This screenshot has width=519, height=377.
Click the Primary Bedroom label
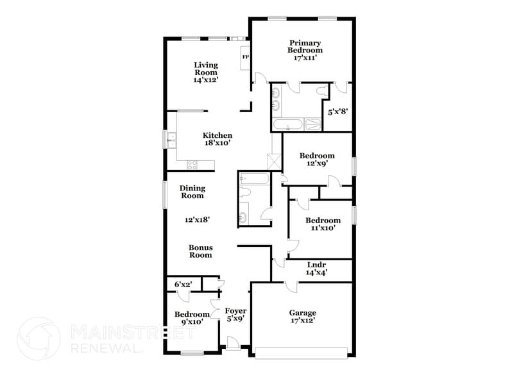305,50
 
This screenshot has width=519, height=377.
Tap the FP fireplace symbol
245,56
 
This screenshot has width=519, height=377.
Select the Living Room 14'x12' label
206,72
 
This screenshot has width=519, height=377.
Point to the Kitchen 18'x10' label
217,139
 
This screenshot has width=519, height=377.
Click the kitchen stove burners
192,165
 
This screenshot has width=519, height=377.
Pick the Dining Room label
192,192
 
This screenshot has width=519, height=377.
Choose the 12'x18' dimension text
198,219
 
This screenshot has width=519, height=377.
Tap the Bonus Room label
200,251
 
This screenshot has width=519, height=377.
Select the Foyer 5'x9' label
235,314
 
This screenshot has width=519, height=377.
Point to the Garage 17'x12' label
301,316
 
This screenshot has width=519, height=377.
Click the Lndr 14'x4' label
317,268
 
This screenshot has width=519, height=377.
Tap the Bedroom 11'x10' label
323,224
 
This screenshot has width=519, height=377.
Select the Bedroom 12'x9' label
317,160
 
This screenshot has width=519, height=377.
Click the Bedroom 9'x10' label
192,318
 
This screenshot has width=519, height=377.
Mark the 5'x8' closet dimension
337,111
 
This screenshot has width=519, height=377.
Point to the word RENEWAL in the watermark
106,348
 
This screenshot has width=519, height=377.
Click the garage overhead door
301,351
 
